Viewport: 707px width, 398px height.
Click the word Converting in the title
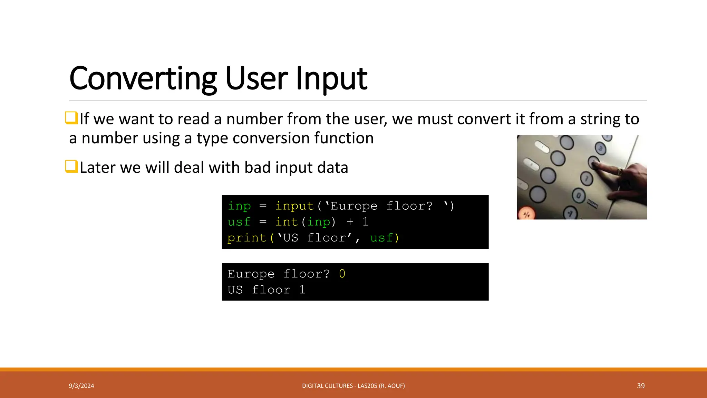(x=143, y=79)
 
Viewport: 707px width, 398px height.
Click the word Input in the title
(x=331, y=79)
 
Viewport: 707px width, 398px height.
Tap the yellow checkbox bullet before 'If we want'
(x=71, y=118)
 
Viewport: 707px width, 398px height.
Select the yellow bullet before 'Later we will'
(x=71, y=167)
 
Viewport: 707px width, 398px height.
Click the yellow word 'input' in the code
(x=294, y=206)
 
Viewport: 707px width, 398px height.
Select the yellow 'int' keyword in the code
(x=286, y=222)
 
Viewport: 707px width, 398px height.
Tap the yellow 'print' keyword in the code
(x=247, y=238)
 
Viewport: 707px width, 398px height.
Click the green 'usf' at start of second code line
(x=239, y=222)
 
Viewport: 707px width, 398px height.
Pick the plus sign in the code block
(x=350, y=222)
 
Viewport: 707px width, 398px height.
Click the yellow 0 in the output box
(x=342, y=274)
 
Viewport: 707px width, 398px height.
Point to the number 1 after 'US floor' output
(x=302, y=290)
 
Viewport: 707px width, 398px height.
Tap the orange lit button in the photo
(x=526, y=214)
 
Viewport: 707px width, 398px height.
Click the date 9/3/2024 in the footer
(x=81, y=386)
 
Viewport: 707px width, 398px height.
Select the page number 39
(x=641, y=386)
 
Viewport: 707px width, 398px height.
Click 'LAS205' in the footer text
(x=367, y=386)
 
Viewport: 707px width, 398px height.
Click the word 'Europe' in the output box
(x=251, y=274)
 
